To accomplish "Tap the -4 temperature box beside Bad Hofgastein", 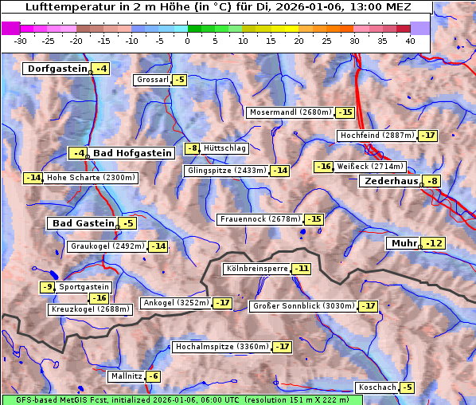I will pos(78,153).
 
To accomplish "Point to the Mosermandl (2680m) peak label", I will pos(291,112).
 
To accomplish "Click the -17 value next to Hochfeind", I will pos(428,136).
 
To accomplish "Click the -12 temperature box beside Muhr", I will pos(434,243).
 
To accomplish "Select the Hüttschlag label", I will pos(225,148).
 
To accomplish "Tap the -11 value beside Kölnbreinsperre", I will pos(301,269).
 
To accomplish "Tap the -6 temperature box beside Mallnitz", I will pos(152,376).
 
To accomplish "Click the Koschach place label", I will pos(377,387).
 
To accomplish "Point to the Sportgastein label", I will pos(84,287).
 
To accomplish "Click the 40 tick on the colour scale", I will pos(410,41).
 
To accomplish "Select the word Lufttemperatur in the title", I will pos(65,7).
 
